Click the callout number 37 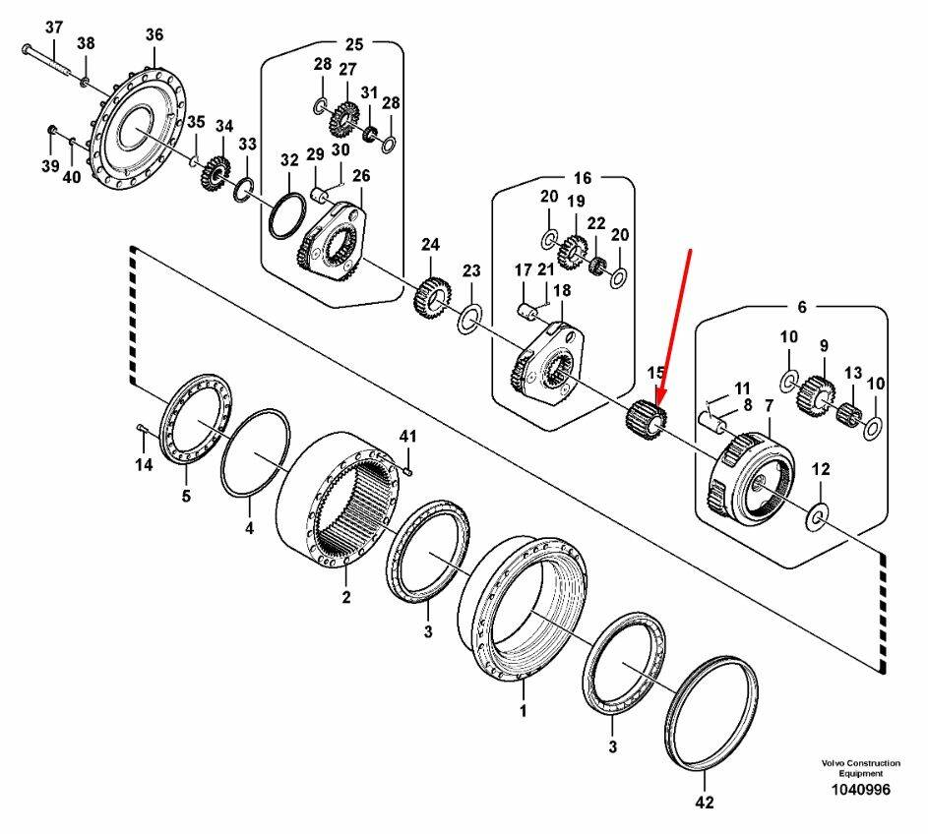[53, 26]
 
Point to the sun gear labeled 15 [646, 417]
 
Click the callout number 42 [704, 803]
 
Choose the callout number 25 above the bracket [353, 43]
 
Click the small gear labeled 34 [214, 174]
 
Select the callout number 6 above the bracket [801, 307]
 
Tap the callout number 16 [583, 178]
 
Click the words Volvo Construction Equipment [860, 768]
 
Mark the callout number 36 [155, 34]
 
